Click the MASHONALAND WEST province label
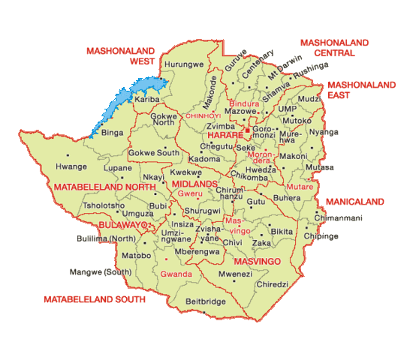(x=120, y=56)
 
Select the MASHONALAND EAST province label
(x=361, y=90)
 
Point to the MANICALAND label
(x=354, y=202)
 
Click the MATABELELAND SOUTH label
(x=94, y=299)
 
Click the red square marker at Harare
(x=246, y=130)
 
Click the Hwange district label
(x=72, y=167)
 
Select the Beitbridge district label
(x=205, y=301)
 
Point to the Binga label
(x=112, y=133)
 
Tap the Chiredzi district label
(x=272, y=285)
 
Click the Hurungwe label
(x=183, y=65)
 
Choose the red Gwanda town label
(x=176, y=274)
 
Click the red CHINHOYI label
(x=203, y=116)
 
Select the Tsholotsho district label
(x=104, y=205)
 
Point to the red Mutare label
(x=300, y=185)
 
